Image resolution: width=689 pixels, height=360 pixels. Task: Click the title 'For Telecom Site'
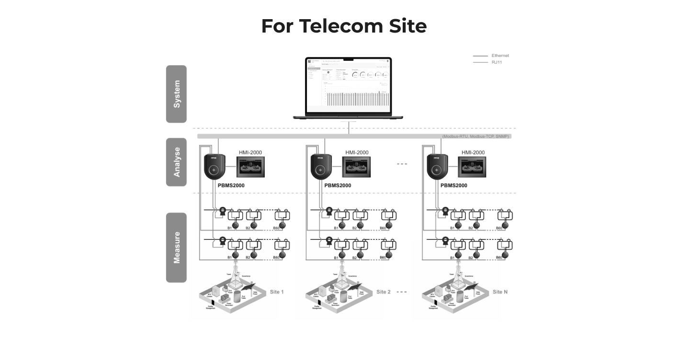click(x=344, y=26)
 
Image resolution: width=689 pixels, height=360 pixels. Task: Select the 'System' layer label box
click(x=176, y=94)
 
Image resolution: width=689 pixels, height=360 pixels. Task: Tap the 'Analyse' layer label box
click(x=176, y=162)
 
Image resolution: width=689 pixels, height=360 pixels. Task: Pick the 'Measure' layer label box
click(x=176, y=247)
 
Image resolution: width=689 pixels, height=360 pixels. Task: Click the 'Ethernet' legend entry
click(x=500, y=56)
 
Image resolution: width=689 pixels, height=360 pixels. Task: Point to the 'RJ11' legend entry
click(x=497, y=62)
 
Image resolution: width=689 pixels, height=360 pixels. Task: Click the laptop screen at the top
click(x=348, y=85)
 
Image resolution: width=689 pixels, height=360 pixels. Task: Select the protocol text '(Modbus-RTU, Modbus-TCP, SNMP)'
click(x=476, y=136)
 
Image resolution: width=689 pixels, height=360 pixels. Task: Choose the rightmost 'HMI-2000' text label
click(x=473, y=153)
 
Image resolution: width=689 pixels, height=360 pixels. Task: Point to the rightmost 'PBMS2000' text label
click(x=453, y=186)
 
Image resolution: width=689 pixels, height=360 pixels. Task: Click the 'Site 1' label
click(x=277, y=292)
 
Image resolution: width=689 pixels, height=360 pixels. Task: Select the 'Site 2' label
click(x=384, y=292)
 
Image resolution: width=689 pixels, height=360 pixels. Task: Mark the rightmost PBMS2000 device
click(x=437, y=167)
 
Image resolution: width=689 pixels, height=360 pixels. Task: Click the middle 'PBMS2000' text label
click(x=338, y=186)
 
